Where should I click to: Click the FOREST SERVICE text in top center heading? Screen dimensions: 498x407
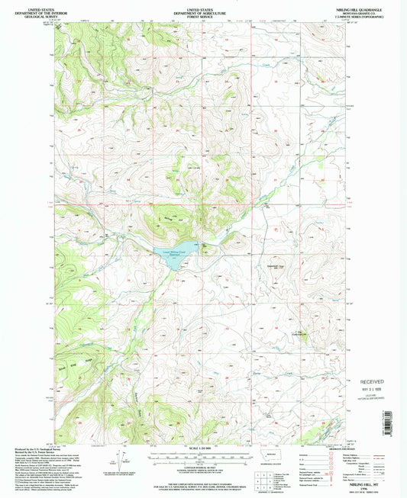[x=202, y=16]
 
